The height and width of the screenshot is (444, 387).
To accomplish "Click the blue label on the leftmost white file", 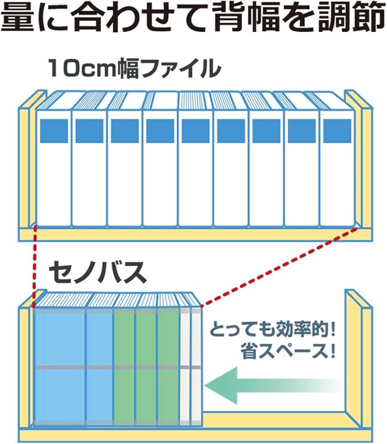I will pyautogui.click(x=54, y=131).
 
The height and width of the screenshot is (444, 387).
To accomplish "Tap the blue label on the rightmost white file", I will pyautogui.click(x=337, y=131).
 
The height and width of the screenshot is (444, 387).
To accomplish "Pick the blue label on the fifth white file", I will pyautogui.click(x=195, y=131).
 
